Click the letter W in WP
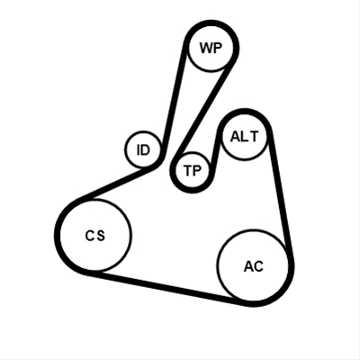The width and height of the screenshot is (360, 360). click(x=206, y=48)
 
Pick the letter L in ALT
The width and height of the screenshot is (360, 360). click(x=246, y=137)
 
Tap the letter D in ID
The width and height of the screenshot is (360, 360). click(x=146, y=149)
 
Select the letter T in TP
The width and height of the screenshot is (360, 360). click(x=188, y=171)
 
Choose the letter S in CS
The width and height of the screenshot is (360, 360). click(x=101, y=236)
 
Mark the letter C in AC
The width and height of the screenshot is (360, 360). click(x=258, y=266)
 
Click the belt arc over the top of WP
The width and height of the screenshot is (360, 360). click(x=211, y=22)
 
